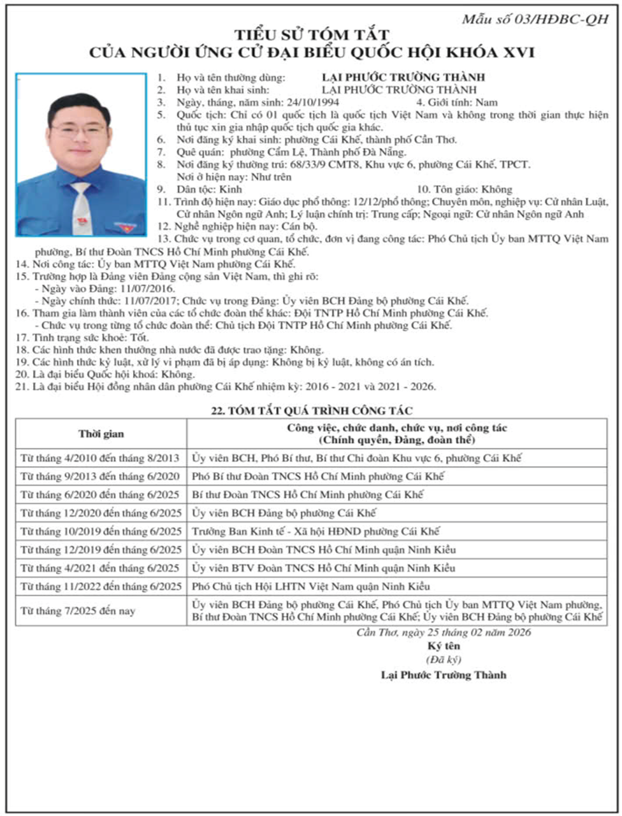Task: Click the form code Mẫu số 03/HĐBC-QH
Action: tap(535, 19)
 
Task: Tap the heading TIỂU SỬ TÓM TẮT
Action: tap(311, 35)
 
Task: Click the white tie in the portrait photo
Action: tap(80, 207)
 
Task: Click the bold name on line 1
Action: tap(403, 78)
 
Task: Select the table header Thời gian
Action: tap(101, 434)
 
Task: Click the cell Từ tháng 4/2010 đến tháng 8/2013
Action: tap(100, 458)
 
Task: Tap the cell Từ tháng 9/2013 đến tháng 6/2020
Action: tap(100, 476)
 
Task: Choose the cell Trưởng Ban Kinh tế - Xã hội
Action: tap(315, 531)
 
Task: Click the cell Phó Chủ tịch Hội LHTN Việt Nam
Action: tap(311, 586)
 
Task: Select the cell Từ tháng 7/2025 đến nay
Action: tap(78, 611)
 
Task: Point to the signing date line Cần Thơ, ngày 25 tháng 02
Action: tap(444, 633)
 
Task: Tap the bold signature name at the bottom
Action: tap(444, 675)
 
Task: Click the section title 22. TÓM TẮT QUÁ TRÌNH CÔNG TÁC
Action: tap(311, 411)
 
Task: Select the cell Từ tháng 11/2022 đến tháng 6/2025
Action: tap(101, 586)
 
